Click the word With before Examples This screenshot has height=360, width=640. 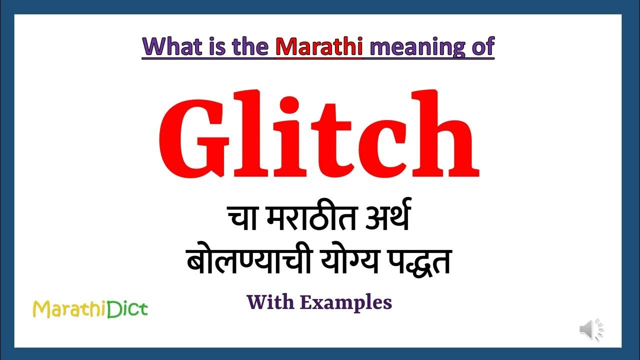coord(270,302)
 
